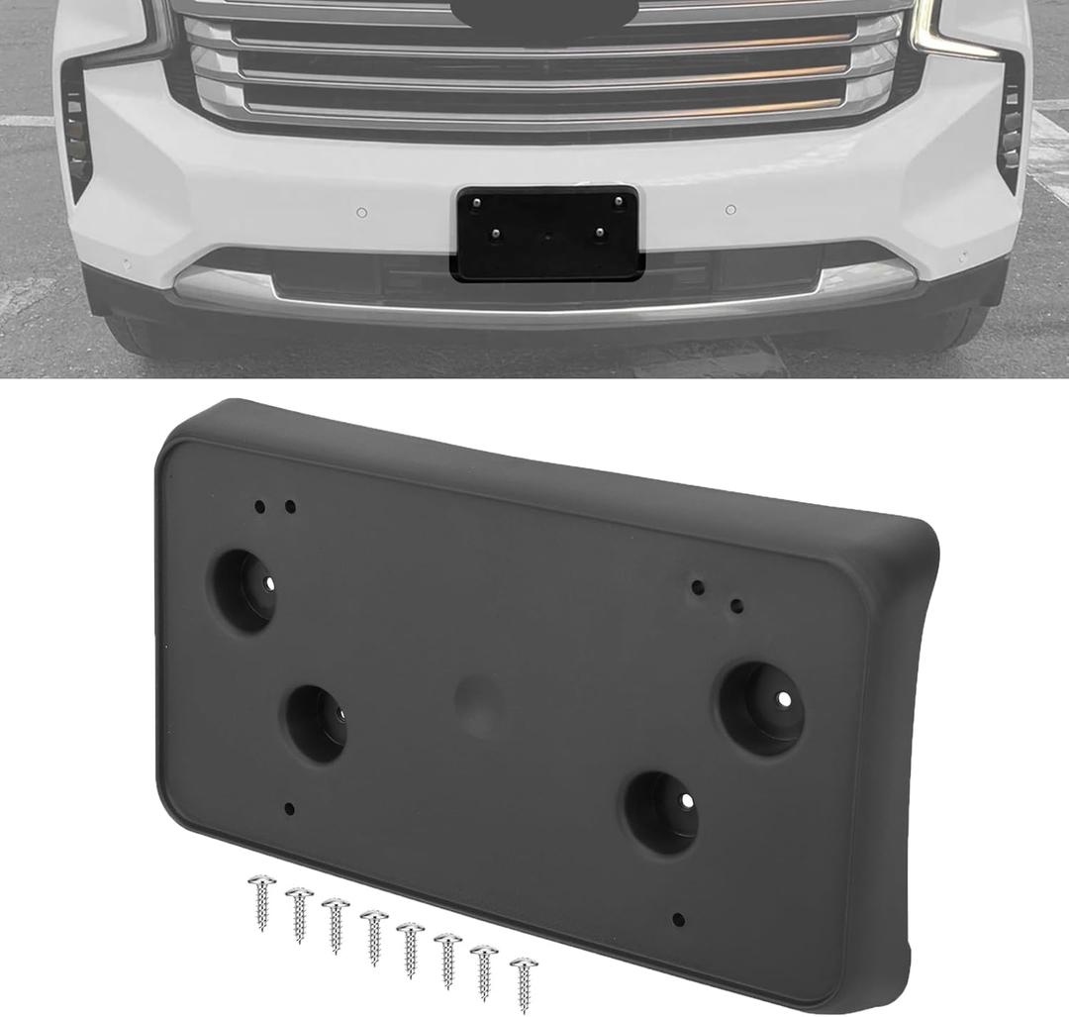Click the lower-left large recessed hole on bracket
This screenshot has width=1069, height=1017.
[317, 724]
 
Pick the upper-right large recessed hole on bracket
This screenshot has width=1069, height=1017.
[760, 707]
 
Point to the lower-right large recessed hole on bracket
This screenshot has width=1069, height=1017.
[660, 811]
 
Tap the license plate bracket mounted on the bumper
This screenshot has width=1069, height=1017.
[546, 234]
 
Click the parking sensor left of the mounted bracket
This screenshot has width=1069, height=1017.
[362, 212]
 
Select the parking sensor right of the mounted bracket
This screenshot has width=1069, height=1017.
[730, 210]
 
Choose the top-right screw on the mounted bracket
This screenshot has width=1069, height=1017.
[618, 201]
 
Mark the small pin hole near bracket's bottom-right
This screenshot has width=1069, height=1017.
[677, 918]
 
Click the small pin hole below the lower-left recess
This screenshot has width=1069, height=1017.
[289, 808]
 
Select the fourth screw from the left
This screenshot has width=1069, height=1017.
[374, 937]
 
